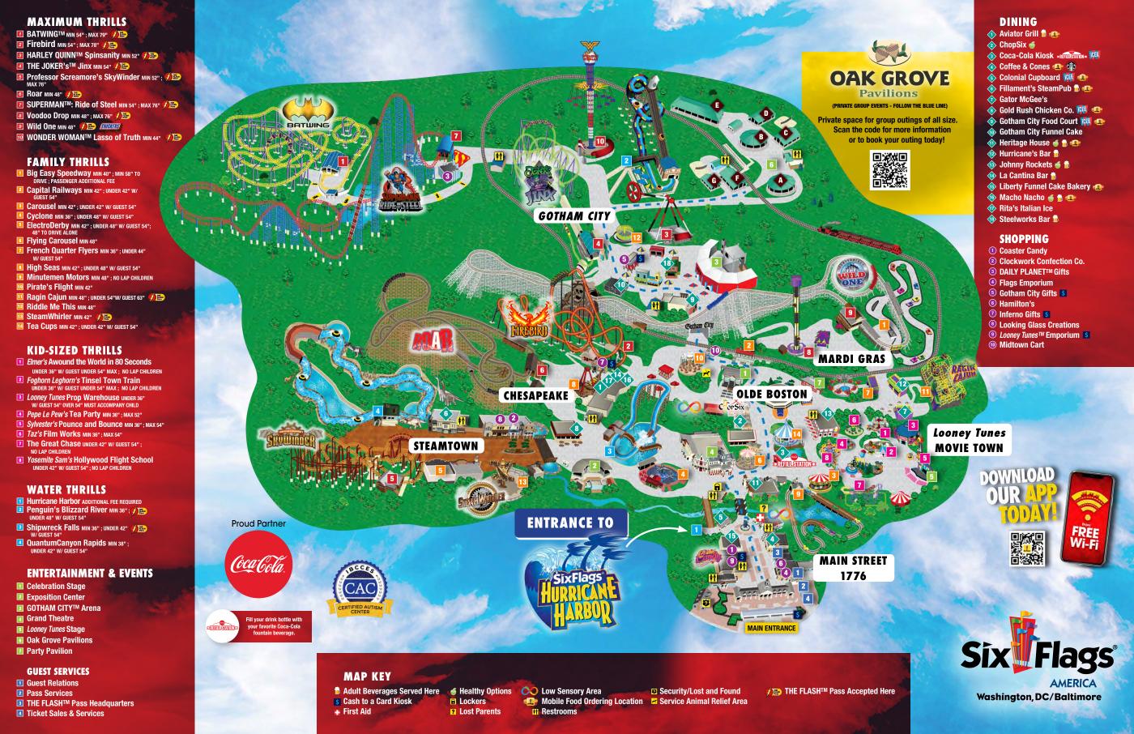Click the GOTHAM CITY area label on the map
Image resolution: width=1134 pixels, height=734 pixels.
573,216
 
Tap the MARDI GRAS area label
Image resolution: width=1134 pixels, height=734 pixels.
850,358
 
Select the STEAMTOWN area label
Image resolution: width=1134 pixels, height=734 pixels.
446,446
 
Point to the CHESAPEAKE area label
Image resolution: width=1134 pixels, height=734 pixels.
535,395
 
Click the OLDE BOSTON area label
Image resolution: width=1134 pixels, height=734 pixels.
772,395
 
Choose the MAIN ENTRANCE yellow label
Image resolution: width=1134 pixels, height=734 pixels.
771,628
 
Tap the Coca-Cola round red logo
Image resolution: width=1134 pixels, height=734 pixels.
256,565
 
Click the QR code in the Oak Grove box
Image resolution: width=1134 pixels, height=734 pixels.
889,169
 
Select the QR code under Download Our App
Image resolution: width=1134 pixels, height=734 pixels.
1028,548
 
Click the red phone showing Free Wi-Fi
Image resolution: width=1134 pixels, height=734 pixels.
1085,518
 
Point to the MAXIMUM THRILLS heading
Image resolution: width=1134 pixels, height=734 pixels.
76,21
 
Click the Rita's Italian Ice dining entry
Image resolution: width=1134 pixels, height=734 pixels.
1025,208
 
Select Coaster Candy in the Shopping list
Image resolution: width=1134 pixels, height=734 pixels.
1022,251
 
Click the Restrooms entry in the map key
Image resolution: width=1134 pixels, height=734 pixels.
559,711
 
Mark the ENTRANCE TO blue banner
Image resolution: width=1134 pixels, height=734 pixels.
570,523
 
